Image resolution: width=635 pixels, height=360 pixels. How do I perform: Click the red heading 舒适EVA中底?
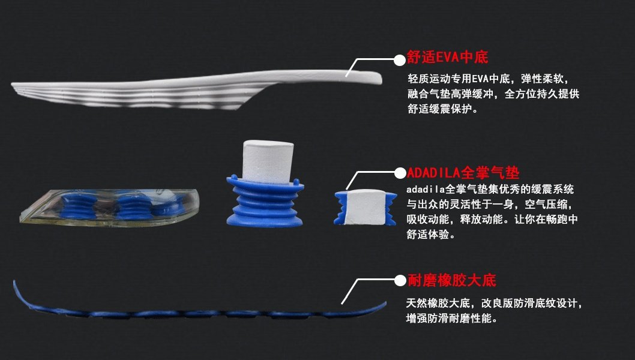tap(448, 58)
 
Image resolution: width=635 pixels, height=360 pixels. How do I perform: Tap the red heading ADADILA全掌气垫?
tap(463, 173)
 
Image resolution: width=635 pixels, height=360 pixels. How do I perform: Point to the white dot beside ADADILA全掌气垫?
tap(399, 173)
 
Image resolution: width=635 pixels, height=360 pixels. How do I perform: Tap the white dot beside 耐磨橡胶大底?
tap(400, 280)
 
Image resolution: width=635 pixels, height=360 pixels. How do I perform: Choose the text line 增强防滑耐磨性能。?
tap(451, 319)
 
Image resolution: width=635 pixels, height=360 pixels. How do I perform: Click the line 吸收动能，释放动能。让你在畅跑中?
tap(492, 220)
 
